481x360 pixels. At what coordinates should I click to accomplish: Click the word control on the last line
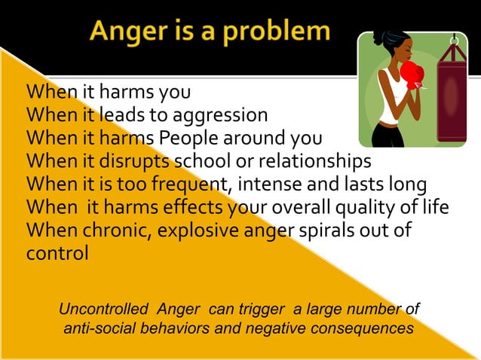57,252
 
